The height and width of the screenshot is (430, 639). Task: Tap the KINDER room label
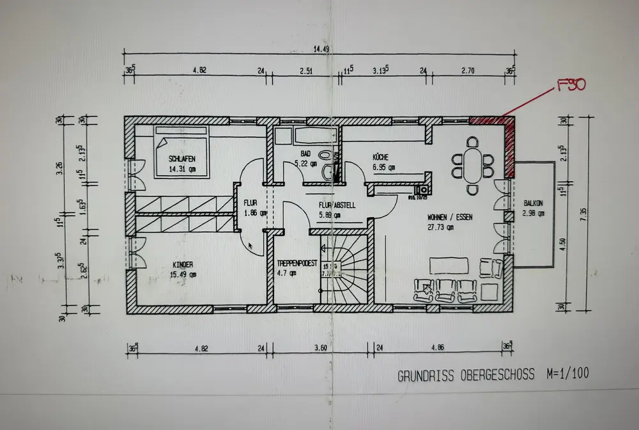[x=183, y=264]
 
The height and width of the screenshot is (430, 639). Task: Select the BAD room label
[x=305, y=154]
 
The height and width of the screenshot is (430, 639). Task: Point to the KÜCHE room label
[x=385, y=157]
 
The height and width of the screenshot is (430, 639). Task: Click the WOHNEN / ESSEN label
[x=450, y=217]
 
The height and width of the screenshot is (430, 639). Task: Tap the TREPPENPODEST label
[x=296, y=263]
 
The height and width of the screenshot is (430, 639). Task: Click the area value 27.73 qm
[x=441, y=227]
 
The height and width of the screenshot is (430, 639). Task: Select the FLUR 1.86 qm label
[x=250, y=208]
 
